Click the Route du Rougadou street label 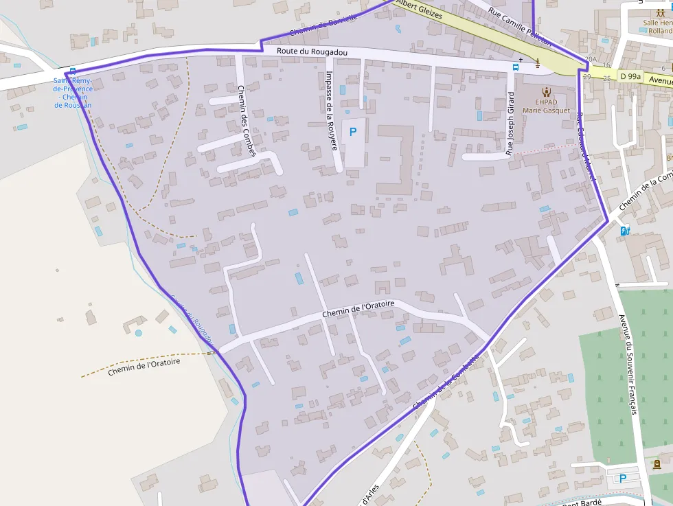coord(312,52)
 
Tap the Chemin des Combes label coord(246,120)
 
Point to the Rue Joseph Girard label coord(510,123)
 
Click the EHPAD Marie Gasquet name coord(546,106)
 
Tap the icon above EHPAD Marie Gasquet coord(546,91)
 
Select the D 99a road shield coord(629,76)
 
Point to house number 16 coord(606,65)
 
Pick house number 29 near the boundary coord(586,77)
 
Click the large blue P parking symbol coord(353,131)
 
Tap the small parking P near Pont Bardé coord(623,479)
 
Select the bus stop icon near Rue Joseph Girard coord(515,67)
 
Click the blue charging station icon coord(624,231)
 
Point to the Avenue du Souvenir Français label coord(628,364)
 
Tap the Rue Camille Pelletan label coord(520,25)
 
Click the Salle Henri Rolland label coord(657,27)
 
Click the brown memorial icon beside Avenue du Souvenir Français coord(657,464)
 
